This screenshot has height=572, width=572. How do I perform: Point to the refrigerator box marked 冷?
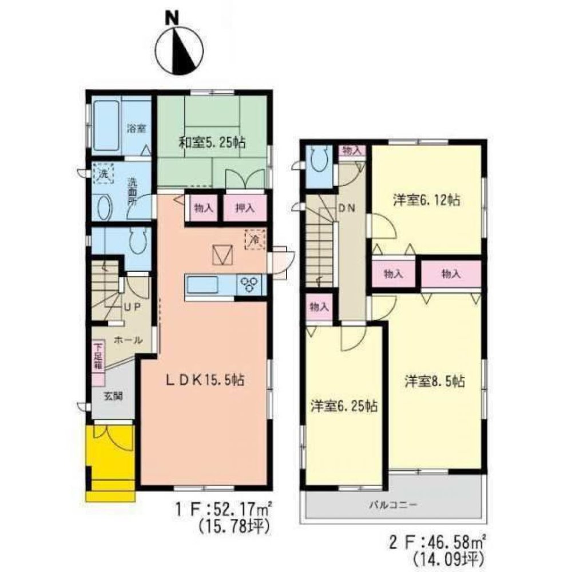click(253, 239)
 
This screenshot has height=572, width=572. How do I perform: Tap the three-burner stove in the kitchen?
click(251, 284)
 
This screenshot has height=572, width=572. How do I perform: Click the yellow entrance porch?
click(110, 458)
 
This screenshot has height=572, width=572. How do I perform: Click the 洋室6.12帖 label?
click(427, 200)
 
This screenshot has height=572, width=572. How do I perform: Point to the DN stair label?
click(347, 209)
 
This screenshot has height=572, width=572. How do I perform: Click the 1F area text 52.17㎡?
click(235, 507)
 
